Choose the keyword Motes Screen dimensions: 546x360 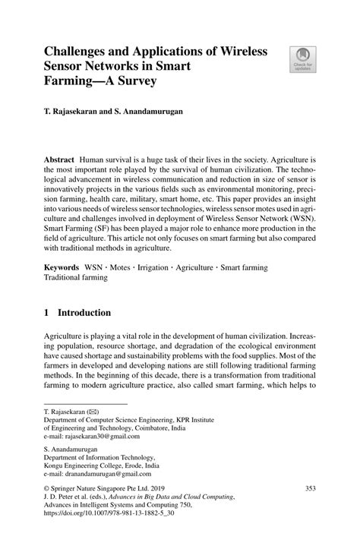[118, 268]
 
